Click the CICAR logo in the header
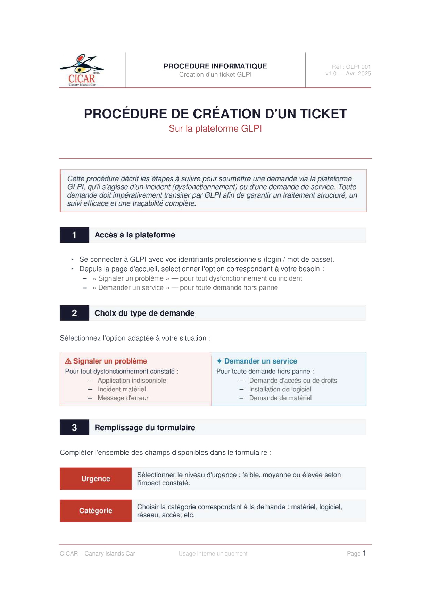point(82,70)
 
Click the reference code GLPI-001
point(358,67)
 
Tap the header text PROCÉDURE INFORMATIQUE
point(215,66)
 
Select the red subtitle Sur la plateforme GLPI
point(215,128)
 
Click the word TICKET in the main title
point(323,114)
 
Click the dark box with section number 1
point(74,235)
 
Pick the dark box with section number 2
point(74,313)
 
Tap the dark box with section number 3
point(74,427)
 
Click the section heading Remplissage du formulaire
point(145,427)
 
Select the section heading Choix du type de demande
point(144,313)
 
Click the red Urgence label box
point(96,479)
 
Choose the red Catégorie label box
point(96,511)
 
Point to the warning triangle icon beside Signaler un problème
point(68,361)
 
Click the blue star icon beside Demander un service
point(219,361)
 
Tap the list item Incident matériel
point(122,389)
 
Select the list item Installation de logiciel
point(280,389)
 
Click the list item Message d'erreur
point(123,398)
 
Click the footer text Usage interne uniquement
point(213,553)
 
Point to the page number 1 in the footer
point(364,553)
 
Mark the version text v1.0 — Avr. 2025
point(348,74)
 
